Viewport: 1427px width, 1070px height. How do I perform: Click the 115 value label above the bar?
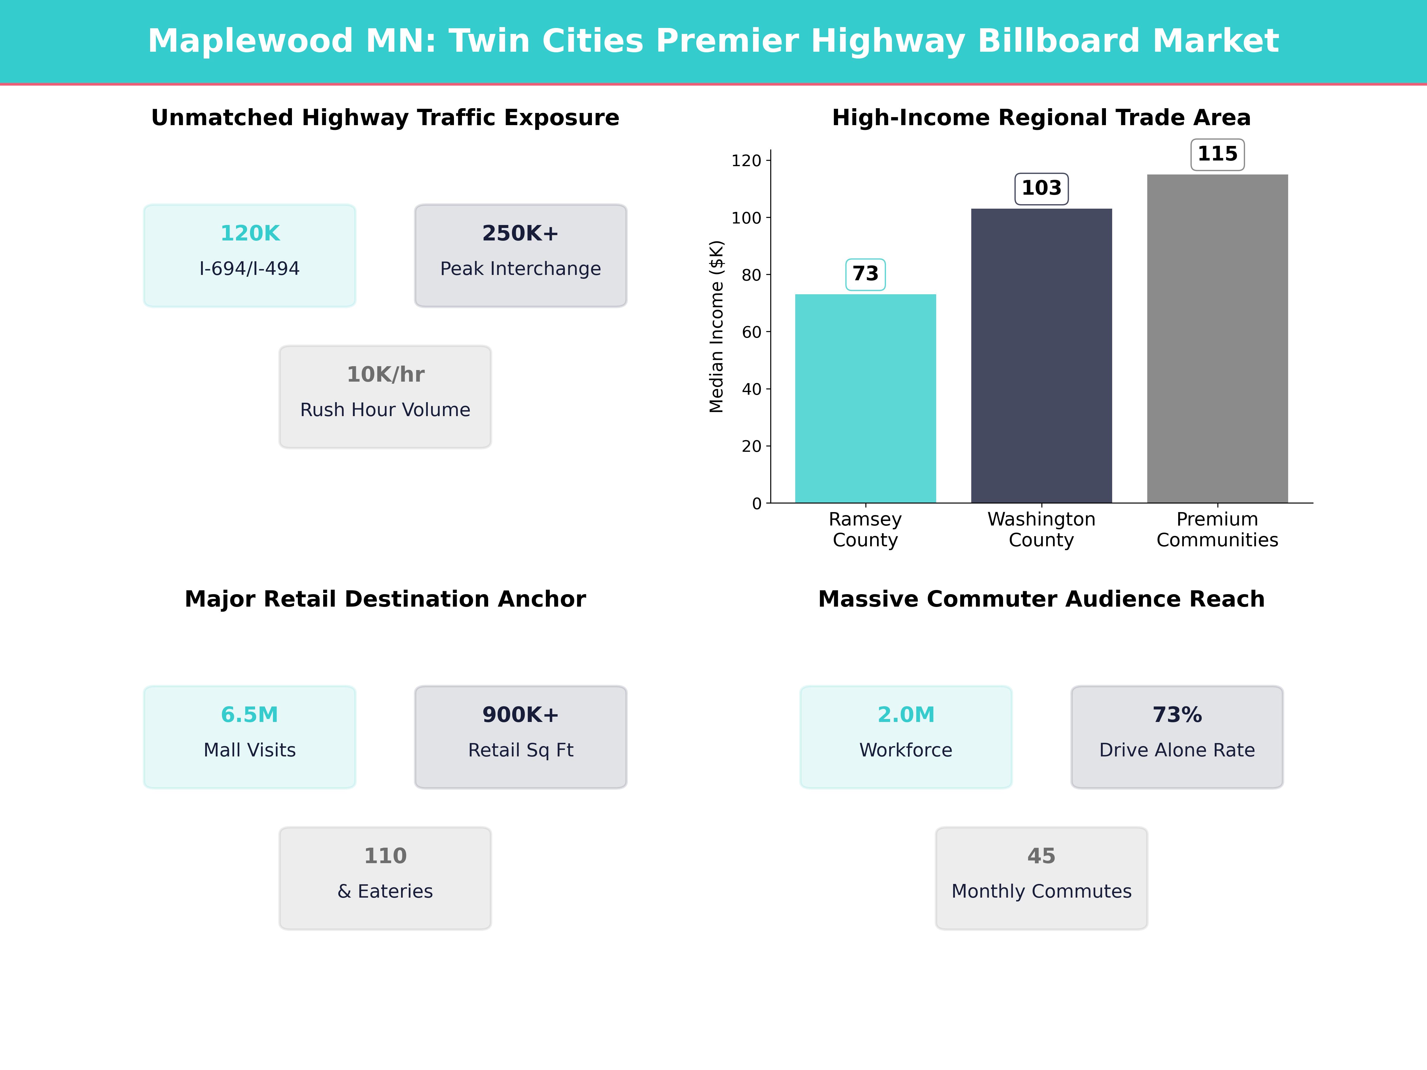pyautogui.click(x=1217, y=154)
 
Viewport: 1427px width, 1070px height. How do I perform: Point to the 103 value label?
pyautogui.click(x=1041, y=188)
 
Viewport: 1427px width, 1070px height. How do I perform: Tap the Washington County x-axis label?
pyautogui.click(x=1041, y=530)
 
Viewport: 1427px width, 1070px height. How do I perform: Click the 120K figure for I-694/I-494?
pyautogui.click(x=250, y=234)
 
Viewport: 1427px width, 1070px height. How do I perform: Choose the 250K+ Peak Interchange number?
pyautogui.click(x=520, y=234)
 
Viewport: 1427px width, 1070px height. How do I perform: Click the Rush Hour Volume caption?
pyautogui.click(x=385, y=410)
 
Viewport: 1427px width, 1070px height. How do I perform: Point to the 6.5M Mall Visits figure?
pyautogui.click(x=250, y=715)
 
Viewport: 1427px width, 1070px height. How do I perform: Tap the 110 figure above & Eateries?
pyautogui.click(x=385, y=856)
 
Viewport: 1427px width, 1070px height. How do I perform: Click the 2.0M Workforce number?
pyautogui.click(x=906, y=715)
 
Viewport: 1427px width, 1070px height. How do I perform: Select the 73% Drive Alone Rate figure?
pyautogui.click(x=1177, y=715)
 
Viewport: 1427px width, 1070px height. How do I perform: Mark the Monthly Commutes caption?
pyautogui.click(x=1041, y=891)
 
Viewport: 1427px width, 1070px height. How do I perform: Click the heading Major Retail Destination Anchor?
pyautogui.click(x=385, y=599)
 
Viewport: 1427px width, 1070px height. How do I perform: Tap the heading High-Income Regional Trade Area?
pyautogui.click(x=1041, y=118)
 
